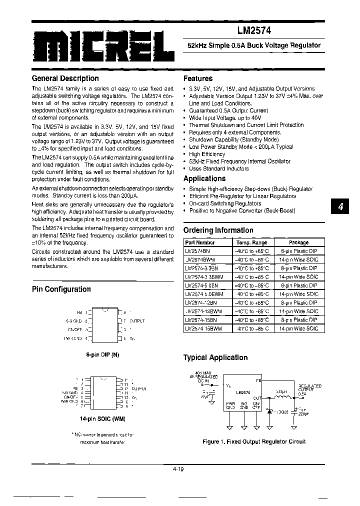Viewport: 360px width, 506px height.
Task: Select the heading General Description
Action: (x=65, y=78)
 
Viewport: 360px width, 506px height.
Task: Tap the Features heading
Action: (x=198, y=78)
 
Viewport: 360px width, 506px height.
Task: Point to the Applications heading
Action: (x=204, y=178)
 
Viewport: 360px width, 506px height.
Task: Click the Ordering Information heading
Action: (x=218, y=230)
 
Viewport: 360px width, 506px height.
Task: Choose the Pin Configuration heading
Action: (x=61, y=289)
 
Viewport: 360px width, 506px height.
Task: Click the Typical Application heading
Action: (x=215, y=357)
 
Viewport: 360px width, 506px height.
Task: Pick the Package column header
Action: (x=298, y=242)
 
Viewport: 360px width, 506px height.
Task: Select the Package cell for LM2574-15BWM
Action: (x=298, y=328)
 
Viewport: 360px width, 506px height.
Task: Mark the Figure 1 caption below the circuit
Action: (x=253, y=441)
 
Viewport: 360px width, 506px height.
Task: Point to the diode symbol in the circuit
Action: (x=269, y=410)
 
